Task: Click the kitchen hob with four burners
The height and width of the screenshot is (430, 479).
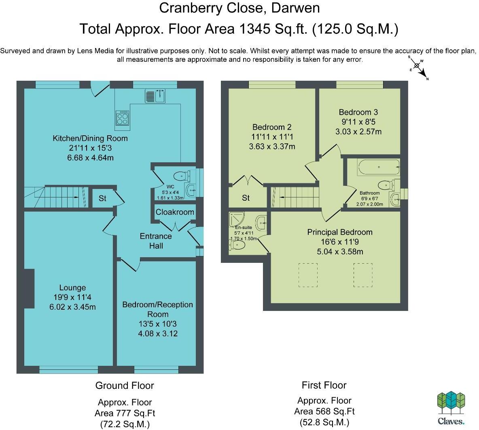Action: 123,118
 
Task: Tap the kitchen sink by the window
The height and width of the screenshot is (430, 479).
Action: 155,95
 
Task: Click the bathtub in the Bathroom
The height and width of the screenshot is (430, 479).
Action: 379,167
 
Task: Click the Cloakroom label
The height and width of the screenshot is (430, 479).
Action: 175,212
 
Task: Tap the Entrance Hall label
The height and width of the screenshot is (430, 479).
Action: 156,241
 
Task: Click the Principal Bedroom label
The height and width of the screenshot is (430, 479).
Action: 340,232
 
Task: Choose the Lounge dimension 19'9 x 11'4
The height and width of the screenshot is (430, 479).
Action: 72,297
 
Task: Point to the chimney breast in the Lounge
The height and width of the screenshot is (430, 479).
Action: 29,289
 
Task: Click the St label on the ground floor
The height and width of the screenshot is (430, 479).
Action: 102,199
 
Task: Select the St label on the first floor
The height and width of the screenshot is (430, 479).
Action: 246,198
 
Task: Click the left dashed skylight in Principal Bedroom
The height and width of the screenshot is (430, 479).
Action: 308,275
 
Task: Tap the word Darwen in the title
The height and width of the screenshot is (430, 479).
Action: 295,8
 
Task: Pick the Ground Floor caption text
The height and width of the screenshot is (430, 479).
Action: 125,386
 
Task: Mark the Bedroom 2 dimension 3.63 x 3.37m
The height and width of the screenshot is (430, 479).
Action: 272,147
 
